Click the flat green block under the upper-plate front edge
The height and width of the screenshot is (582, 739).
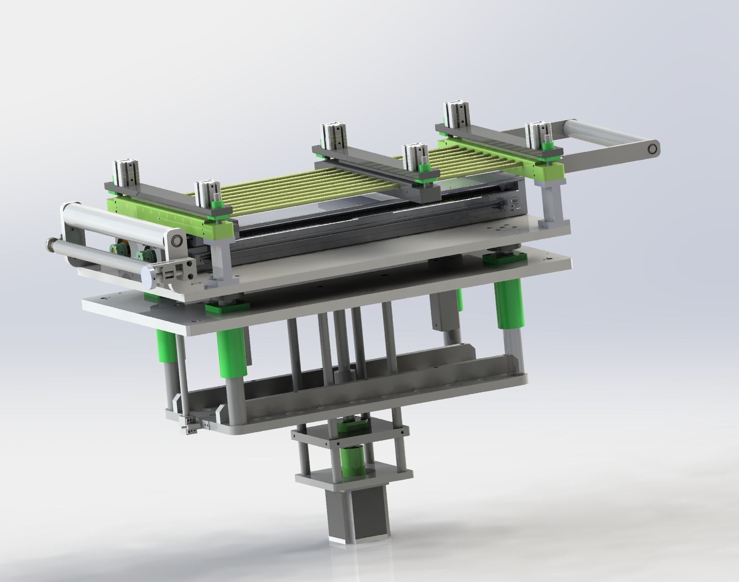tap(227, 309)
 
